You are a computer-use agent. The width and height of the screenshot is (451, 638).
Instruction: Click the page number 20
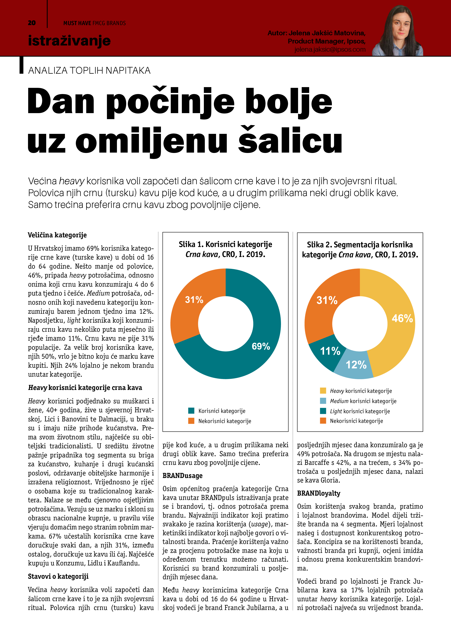[32, 23]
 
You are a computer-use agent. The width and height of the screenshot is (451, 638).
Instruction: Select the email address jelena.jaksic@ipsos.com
[330, 49]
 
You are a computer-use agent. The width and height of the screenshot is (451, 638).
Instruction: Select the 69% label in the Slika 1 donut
[261, 346]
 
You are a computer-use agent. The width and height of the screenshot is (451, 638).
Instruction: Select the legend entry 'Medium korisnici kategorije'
[363, 401]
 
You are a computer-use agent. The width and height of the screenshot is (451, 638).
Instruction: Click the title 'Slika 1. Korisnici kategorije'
[225, 245]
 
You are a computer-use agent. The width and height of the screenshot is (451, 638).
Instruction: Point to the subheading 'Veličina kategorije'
[57, 235]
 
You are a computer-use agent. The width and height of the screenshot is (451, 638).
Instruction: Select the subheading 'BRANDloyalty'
[318, 493]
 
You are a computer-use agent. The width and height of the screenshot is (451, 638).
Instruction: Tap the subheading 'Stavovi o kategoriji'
[58, 577]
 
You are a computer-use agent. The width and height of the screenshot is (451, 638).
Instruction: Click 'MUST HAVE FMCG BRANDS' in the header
[95, 23]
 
